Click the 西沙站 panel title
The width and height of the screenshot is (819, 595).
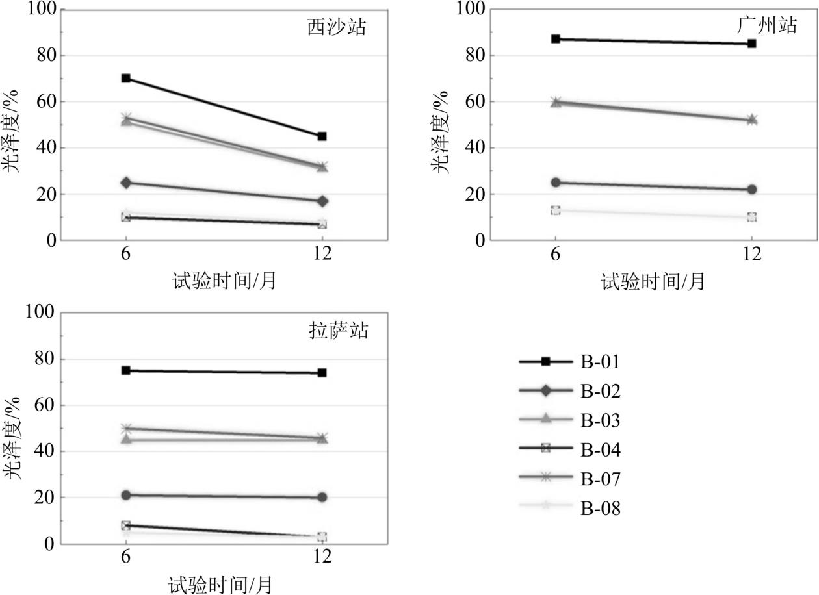337,28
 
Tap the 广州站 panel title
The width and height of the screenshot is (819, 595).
767,26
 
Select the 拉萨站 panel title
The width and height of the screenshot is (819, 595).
338,331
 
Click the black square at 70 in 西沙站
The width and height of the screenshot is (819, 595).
126,79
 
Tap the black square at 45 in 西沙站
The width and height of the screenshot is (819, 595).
322,136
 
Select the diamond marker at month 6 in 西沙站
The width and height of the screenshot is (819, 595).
126,183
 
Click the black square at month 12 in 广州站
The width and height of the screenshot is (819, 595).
752,44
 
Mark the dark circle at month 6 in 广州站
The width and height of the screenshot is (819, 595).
556,183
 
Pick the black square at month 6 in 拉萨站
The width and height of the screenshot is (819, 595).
126,370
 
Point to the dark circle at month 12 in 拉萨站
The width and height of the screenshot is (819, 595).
322,498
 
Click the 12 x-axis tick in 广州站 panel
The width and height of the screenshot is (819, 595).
752,254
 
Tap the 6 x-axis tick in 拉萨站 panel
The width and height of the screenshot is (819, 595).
126,557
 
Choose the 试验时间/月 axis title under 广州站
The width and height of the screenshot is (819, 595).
652,282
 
